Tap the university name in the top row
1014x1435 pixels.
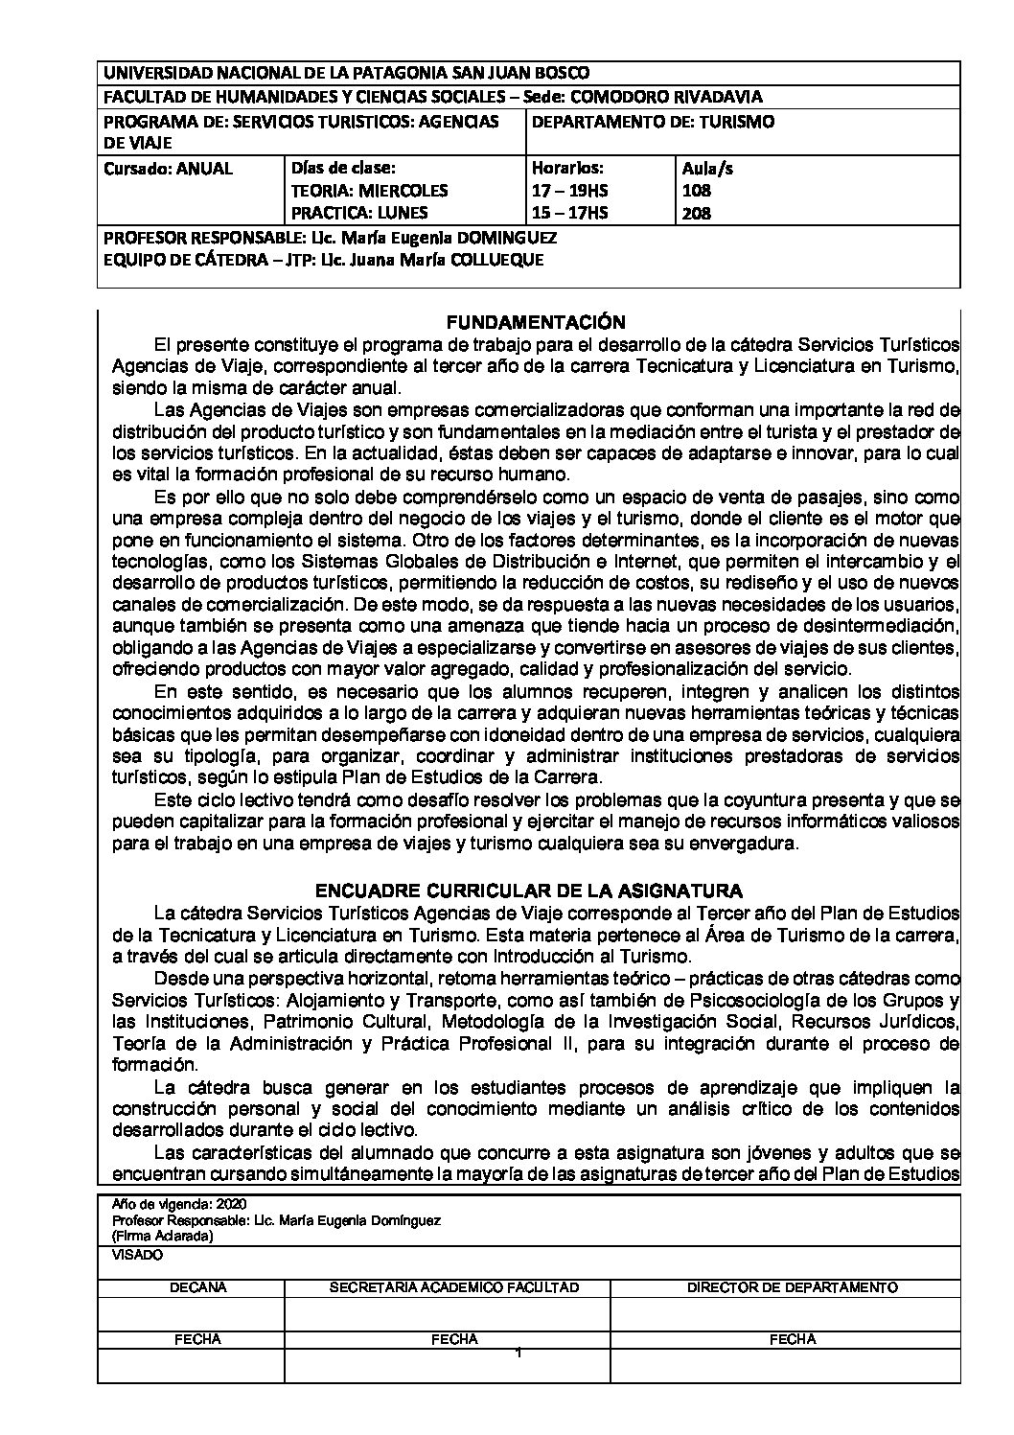point(346,73)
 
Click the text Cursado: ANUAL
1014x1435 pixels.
point(168,169)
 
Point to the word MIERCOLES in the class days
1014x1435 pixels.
point(407,191)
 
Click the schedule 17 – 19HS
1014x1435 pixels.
point(569,191)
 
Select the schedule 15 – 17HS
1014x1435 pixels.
point(569,213)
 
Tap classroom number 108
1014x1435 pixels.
point(697,191)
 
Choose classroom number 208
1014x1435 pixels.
point(697,213)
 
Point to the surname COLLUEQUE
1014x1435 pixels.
point(495,259)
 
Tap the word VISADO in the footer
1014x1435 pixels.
point(138,1254)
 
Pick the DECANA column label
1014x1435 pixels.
point(198,1287)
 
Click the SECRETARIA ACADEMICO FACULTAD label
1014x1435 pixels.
point(453,1287)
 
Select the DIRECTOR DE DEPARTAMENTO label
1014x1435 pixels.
point(793,1287)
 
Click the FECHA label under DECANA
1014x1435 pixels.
point(198,1339)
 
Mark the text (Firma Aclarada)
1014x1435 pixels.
point(162,1237)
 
